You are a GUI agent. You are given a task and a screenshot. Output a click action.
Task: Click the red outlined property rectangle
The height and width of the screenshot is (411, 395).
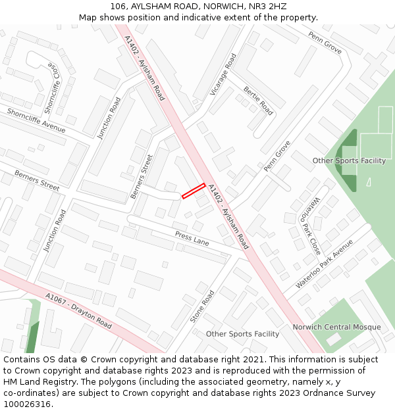click(194, 191)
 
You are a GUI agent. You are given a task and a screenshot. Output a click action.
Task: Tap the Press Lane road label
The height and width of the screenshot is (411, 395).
click(192, 238)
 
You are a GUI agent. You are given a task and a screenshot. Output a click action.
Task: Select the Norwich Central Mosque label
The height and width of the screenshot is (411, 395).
click(336, 327)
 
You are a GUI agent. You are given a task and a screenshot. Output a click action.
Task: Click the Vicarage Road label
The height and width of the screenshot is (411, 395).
click(223, 75)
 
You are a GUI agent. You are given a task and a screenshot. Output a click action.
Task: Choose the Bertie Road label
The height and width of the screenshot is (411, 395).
click(258, 101)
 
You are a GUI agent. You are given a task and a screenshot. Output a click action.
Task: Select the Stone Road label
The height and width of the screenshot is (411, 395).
click(202, 306)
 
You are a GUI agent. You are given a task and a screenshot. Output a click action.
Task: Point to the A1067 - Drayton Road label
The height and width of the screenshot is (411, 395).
click(78, 311)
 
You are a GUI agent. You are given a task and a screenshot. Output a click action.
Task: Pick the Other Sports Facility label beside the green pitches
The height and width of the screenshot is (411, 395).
click(349, 160)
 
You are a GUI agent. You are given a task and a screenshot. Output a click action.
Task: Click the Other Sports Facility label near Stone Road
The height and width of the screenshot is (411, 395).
click(242, 334)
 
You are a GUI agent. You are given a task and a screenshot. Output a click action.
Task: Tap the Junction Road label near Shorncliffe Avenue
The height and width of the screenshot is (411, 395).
click(109, 118)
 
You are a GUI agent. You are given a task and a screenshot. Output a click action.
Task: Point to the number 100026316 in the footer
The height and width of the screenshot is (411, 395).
click(27, 404)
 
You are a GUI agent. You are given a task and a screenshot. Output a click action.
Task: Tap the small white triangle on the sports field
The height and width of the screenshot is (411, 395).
click(369, 181)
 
